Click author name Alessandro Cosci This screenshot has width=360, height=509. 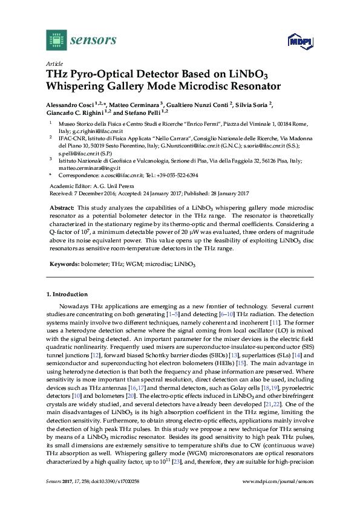tap(72, 104)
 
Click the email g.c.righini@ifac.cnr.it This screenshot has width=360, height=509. tap(99, 131)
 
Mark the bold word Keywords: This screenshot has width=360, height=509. tap(64, 265)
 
